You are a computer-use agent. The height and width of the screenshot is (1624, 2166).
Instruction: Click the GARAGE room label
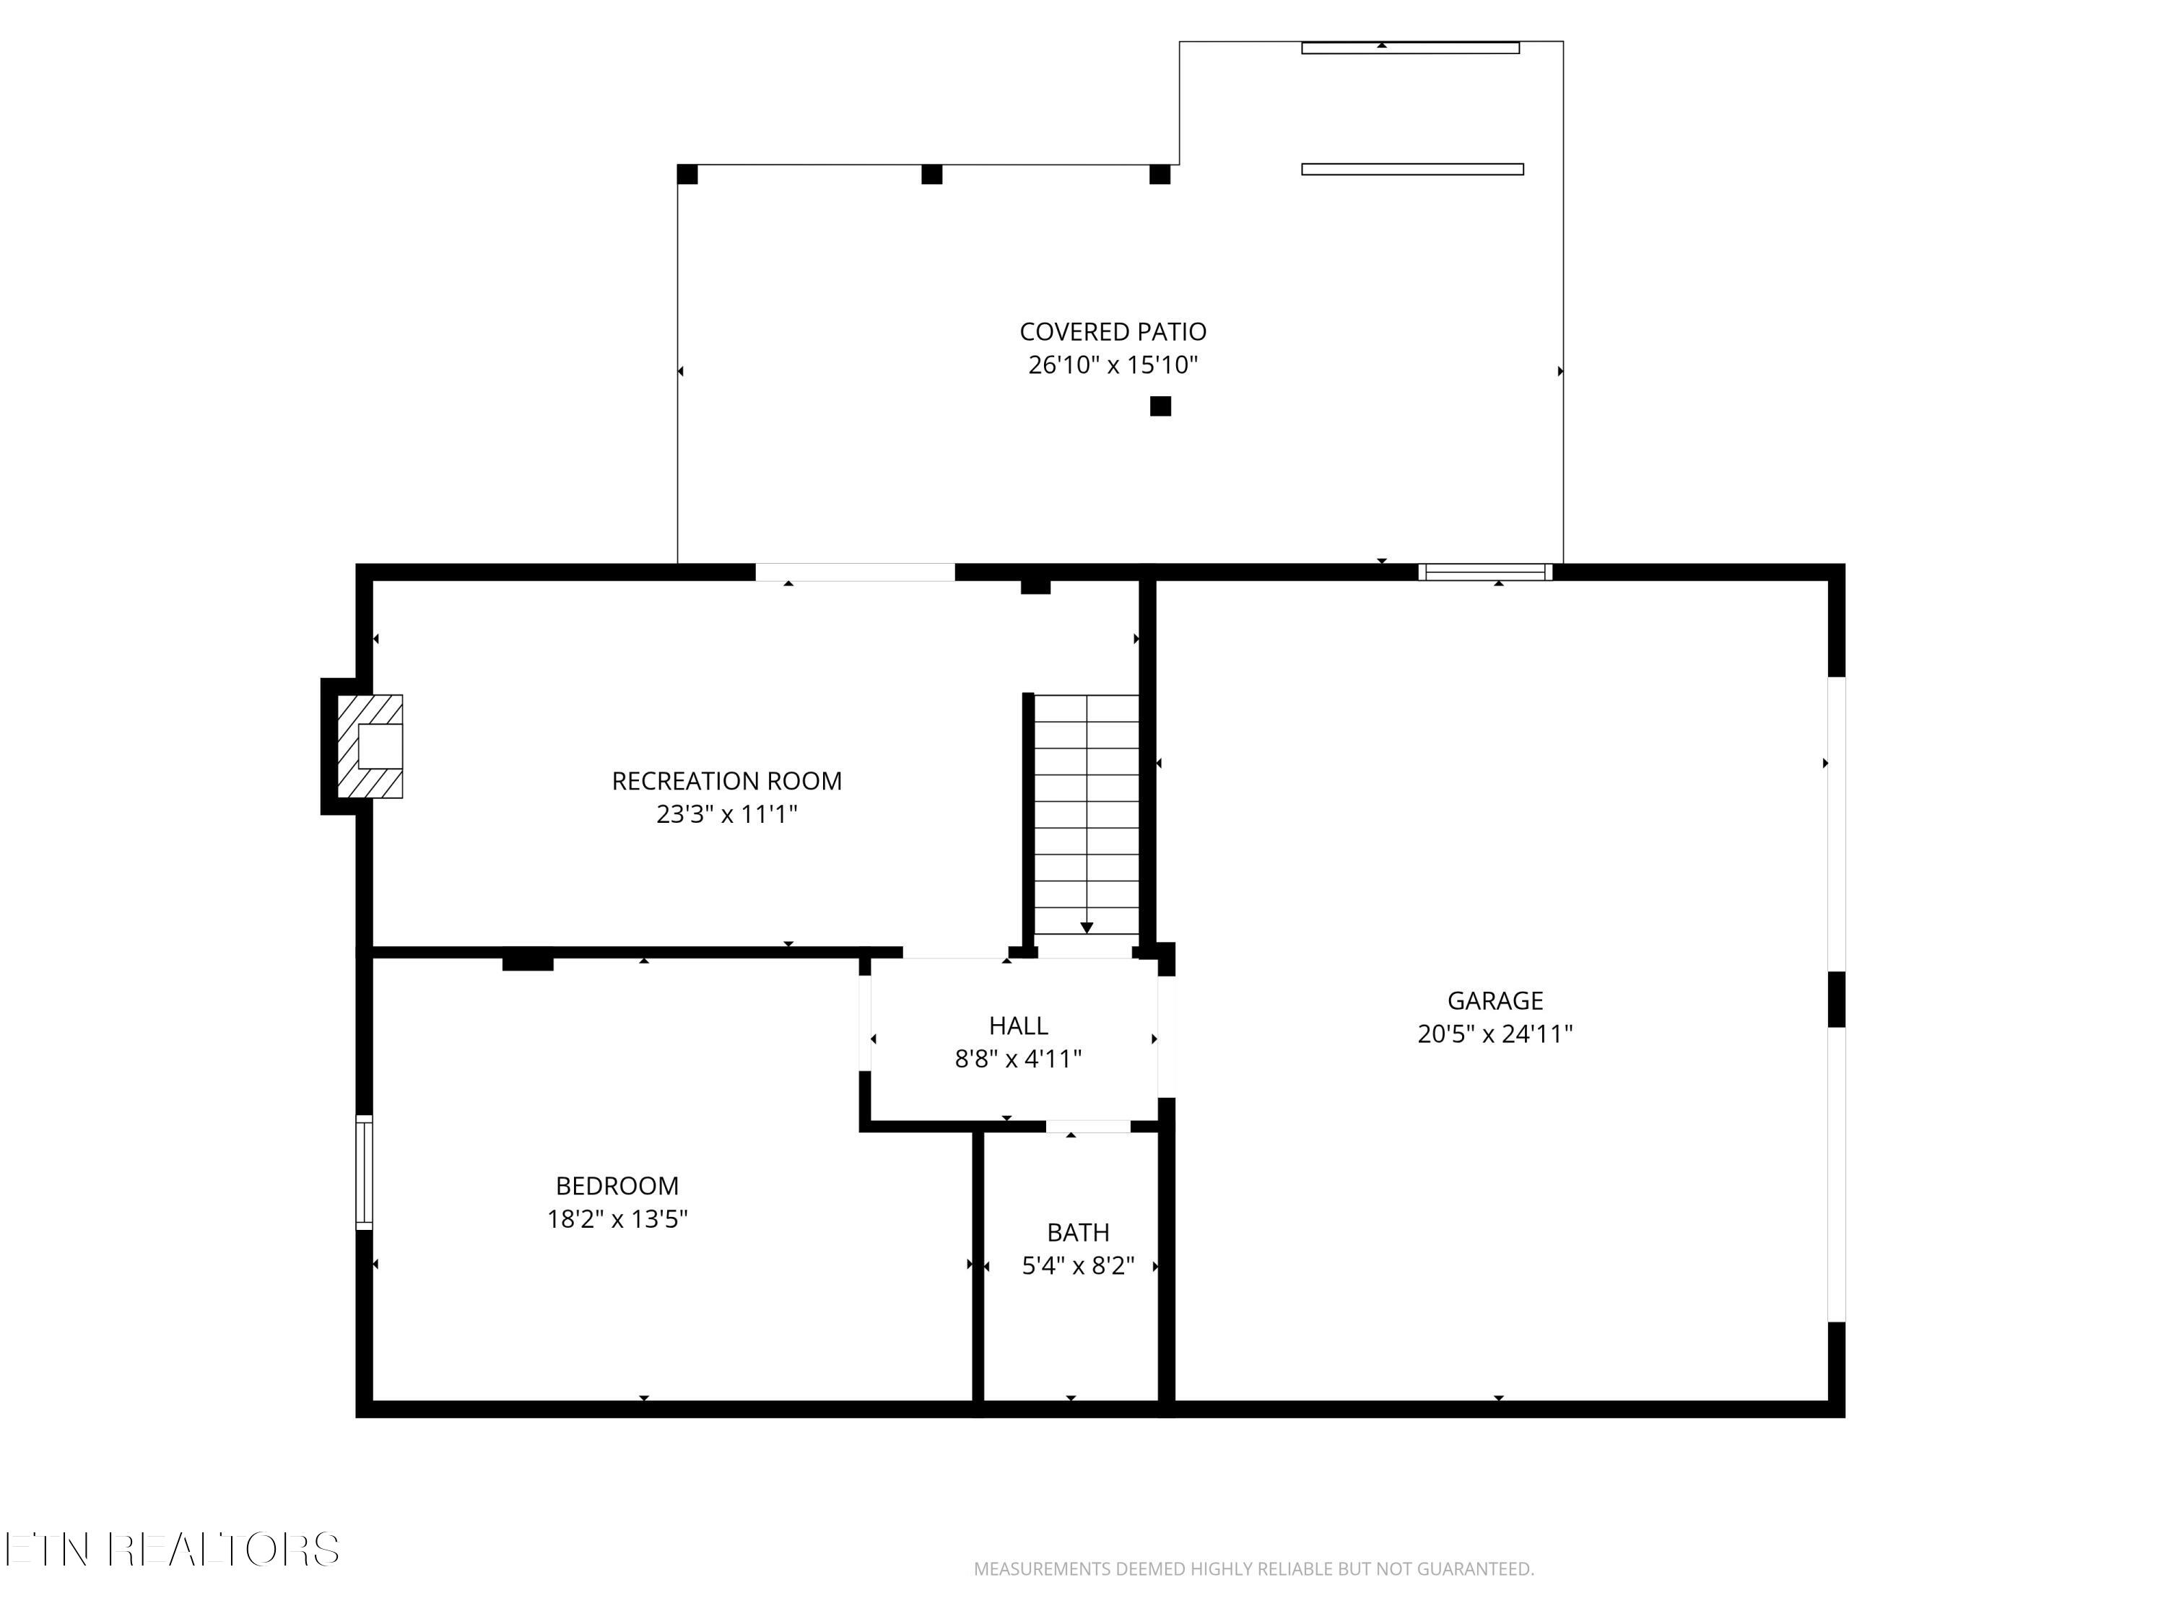pyautogui.click(x=1495, y=1000)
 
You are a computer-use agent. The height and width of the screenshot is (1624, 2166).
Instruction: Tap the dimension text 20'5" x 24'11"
pyautogui.click(x=1495, y=1034)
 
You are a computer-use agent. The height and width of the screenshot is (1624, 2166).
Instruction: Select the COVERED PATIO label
pyautogui.click(x=1113, y=332)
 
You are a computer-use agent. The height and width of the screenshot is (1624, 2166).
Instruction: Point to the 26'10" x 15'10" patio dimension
pyautogui.click(x=1113, y=365)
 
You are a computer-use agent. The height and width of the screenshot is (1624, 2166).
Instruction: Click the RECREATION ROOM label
pyautogui.click(x=726, y=781)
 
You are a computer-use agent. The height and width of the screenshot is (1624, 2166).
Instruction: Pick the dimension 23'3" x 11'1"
pyautogui.click(x=726, y=814)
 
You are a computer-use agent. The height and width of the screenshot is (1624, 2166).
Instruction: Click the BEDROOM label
pyautogui.click(x=617, y=1185)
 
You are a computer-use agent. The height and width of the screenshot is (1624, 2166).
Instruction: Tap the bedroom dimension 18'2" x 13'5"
pyautogui.click(x=617, y=1219)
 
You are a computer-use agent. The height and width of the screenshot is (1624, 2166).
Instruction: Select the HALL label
pyautogui.click(x=1018, y=1026)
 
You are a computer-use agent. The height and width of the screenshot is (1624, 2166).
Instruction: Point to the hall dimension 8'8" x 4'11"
pyautogui.click(x=1018, y=1058)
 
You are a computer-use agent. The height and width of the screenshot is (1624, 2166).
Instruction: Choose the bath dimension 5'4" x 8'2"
pyautogui.click(x=1078, y=1266)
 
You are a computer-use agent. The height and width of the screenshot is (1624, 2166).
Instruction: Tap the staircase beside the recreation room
pyautogui.click(x=1087, y=814)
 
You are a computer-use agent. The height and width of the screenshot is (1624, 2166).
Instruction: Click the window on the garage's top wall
pyautogui.click(x=1485, y=572)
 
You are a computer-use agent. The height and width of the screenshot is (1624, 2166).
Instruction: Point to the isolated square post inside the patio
pyautogui.click(x=1160, y=406)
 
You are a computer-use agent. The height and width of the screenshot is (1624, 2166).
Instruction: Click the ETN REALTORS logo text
pyautogui.click(x=173, y=1550)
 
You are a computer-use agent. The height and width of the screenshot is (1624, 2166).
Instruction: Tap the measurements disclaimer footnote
pyautogui.click(x=1253, y=1569)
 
